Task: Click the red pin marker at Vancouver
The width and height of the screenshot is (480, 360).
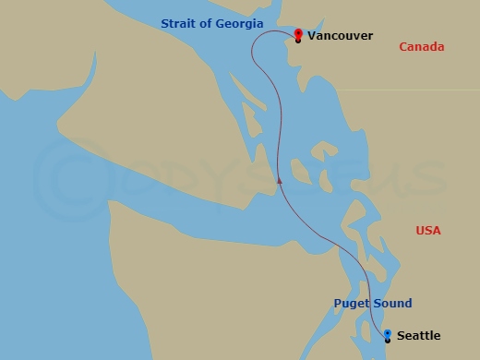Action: pos(297,34)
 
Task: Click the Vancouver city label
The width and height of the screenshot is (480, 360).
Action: pos(340,36)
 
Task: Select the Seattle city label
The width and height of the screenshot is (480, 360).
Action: pos(417,336)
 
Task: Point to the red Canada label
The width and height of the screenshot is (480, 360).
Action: pos(422,47)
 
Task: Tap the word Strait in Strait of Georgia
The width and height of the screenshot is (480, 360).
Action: pos(179,23)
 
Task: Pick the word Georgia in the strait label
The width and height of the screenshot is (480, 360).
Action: pos(239,23)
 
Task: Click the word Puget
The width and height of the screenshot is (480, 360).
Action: pos(351,303)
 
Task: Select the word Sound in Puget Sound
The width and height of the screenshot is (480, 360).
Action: pos(392,303)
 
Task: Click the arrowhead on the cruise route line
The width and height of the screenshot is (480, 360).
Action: pos(279,181)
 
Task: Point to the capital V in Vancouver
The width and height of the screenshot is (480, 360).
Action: pos(312,36)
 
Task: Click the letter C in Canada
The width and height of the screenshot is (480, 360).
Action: pos(403,47)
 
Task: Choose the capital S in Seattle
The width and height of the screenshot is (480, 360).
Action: pos(399,336)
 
